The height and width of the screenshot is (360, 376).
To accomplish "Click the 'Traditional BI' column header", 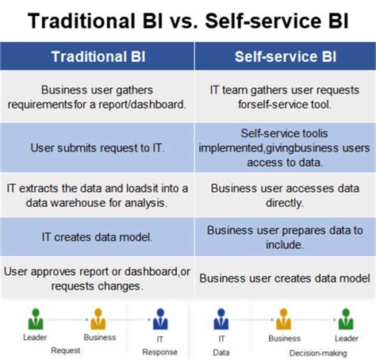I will coord(98,57).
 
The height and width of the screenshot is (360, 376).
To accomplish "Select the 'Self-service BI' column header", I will coord(284,57).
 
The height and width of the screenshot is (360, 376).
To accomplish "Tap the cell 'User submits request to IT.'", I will coord(98,147).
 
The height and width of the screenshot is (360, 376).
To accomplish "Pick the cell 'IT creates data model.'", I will coord(98,236).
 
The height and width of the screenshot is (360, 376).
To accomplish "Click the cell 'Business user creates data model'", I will coord(284,278).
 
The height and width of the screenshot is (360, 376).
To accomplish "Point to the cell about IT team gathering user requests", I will coord(284,96).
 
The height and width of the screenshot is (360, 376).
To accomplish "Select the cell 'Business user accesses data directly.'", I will coord(284,195).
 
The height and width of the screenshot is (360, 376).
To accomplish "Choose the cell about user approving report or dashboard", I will coord(98,278).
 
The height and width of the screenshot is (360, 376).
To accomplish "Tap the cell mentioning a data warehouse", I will coord(98,195).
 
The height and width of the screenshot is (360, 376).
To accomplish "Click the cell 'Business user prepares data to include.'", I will coord(284,236).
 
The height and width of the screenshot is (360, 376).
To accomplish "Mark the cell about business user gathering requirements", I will coord(98,96).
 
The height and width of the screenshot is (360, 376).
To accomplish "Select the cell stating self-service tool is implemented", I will coord(284,147).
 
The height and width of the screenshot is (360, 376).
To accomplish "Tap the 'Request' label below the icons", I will coord(66,350).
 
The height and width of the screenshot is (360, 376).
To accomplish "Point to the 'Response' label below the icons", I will coord(159,351).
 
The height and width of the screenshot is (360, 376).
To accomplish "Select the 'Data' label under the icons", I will coord(221,351).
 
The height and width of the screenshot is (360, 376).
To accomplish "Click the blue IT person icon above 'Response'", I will coord(159,319).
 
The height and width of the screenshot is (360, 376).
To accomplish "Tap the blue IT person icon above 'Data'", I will coord(221,319).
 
